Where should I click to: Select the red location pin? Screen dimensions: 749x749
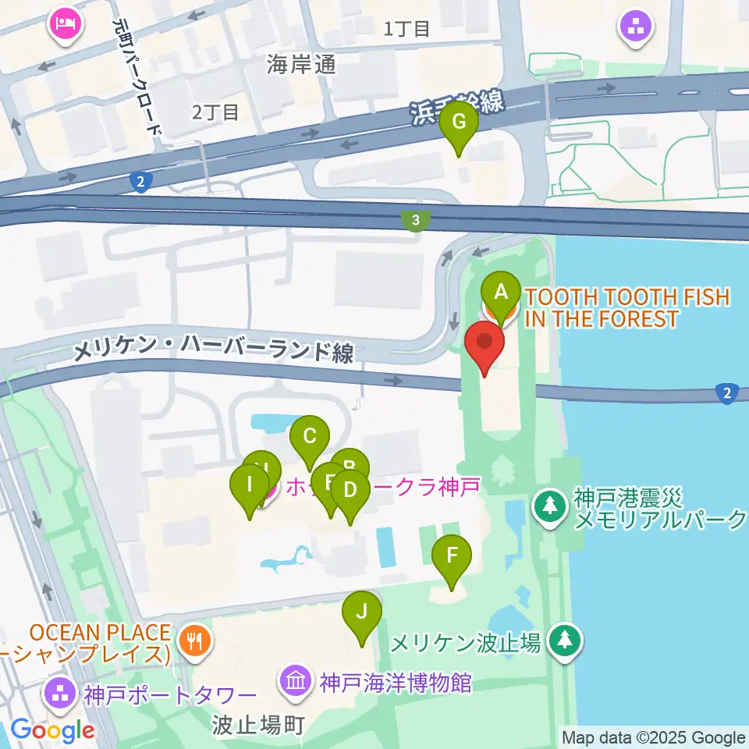click(x=485, y=343)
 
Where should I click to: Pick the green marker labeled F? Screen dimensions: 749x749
click(x=451, y=557)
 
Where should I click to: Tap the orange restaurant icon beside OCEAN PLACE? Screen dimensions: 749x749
click(x=192, y=641)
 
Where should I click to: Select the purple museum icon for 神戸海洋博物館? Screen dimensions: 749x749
click(x=296, y=682)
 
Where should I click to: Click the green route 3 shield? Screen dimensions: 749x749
click(x=416, y=222)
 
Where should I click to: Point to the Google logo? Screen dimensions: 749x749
click(x=52, y=730)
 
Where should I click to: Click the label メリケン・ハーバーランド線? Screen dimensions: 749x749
click(x=213, y=353)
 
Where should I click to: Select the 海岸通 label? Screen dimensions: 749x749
click(x=301, y=65)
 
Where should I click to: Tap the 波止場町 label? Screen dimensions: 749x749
click(x=257, y=726)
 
